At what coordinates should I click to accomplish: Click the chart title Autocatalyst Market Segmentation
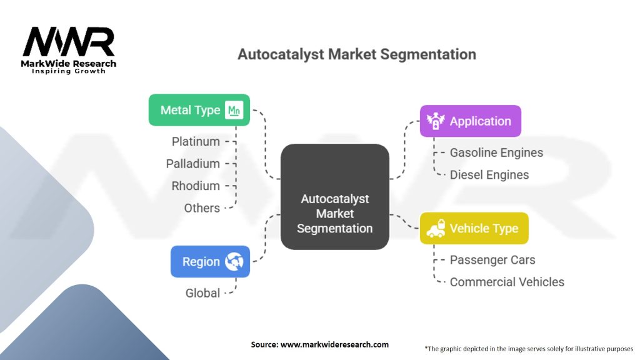point(356,54)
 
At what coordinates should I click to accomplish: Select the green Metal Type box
point(199,110)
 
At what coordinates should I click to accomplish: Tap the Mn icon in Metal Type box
point(234,111)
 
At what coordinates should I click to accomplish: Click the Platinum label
point(196,142)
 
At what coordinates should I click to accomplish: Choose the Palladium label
point(192,164)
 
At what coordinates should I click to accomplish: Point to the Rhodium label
point(196,186)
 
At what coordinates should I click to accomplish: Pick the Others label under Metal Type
point(202,208)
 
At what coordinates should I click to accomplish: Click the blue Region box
point(210,261)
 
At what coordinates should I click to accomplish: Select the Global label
point(202,292)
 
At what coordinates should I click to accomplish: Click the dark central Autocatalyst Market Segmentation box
point(334,197)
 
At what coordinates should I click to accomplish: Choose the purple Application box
point(470,121)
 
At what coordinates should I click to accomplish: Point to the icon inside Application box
point(434,121)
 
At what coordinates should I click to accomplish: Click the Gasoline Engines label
point(496,152)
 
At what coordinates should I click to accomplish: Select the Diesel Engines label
point(489,175)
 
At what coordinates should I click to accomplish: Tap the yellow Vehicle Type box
point(474,228)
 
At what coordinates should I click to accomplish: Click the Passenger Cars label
point(492,260)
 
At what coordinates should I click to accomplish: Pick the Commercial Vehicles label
point(507,282)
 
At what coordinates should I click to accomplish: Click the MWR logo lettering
point(69,42)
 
